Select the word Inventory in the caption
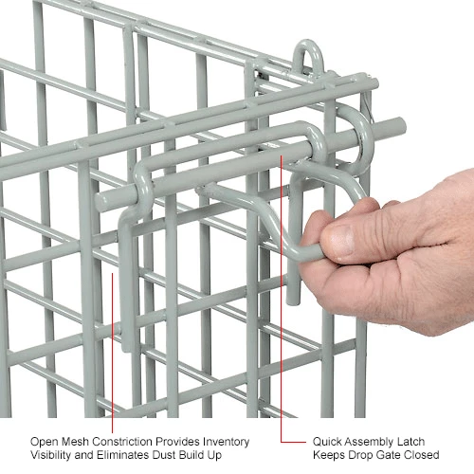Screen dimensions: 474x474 (227, 442)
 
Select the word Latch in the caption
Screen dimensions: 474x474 (412, 442)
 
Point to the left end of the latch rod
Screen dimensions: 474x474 (101, 201)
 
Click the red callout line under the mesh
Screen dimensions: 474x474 (112, 353)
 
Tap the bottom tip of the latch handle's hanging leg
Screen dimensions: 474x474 (293, 303)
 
